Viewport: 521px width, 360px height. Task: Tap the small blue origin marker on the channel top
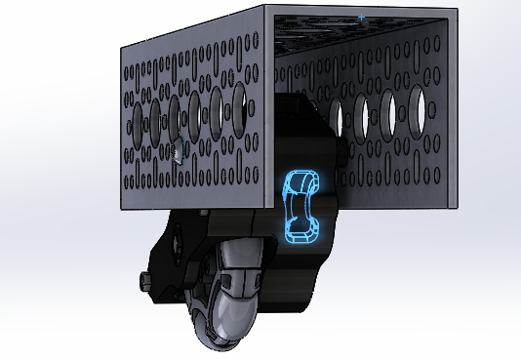(x=362, y=17)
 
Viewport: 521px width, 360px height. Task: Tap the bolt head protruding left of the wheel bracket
(x=144, y=283)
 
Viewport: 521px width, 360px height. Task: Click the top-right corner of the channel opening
(x=456, y=11)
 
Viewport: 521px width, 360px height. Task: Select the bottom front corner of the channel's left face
(x=265, y=212)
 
